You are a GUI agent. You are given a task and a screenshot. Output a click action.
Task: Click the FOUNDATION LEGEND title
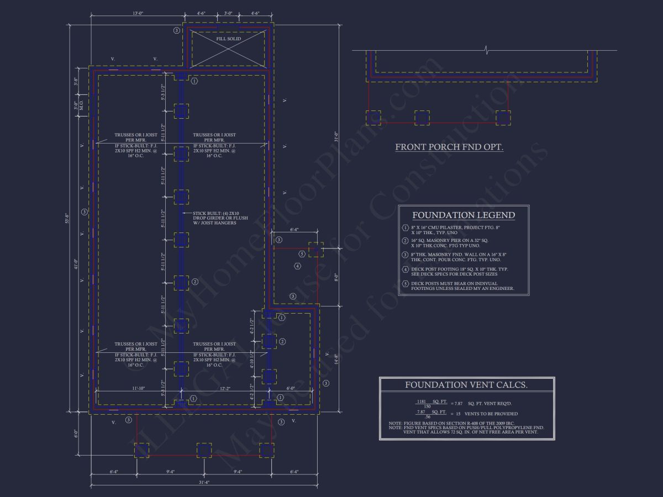[x=464, y=215]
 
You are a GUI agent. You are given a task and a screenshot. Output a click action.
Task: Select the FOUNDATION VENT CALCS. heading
[x=466, y=385]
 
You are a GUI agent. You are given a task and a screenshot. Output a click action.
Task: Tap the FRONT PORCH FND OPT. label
[x=449, y=147]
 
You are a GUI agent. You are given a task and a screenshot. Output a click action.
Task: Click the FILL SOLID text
[x=228, y=39]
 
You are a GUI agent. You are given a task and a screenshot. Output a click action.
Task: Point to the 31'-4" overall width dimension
[x=204, y=482]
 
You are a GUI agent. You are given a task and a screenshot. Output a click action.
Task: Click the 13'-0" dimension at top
[x=138, y=13]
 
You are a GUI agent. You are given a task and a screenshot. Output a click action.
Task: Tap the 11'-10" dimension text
[x=139, y=389]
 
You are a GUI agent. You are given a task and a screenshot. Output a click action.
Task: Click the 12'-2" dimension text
[x=223, y=389]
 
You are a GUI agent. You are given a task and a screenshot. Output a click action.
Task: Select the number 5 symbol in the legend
[x=405, y=283]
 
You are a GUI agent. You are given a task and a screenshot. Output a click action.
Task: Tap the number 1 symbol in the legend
[x=405, y=228]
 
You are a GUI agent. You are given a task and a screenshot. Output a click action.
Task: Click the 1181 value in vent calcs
[x=421, y=401]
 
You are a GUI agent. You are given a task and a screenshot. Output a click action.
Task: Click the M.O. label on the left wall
[x=81, y=106]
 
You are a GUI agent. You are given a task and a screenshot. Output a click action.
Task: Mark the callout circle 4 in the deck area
[x=297, y=266]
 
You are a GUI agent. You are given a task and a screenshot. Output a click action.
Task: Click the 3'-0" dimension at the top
[x=228, y=13]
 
